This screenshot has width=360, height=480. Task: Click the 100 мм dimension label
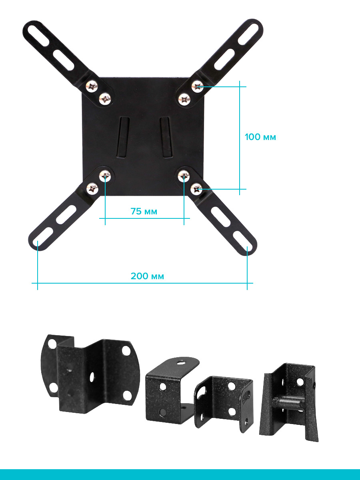point(260,137)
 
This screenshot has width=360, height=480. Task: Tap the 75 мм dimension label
point(144,211)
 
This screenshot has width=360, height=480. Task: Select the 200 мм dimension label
point(147,276)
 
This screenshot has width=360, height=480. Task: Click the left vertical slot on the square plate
point(124,137)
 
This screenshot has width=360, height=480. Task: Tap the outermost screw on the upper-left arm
point(91,86)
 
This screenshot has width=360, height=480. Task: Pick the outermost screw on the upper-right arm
point(197,87)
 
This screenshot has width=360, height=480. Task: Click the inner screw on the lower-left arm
point(105,176)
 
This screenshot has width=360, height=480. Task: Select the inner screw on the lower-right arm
point(184,176)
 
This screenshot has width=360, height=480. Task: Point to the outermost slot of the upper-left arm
point(38,36)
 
